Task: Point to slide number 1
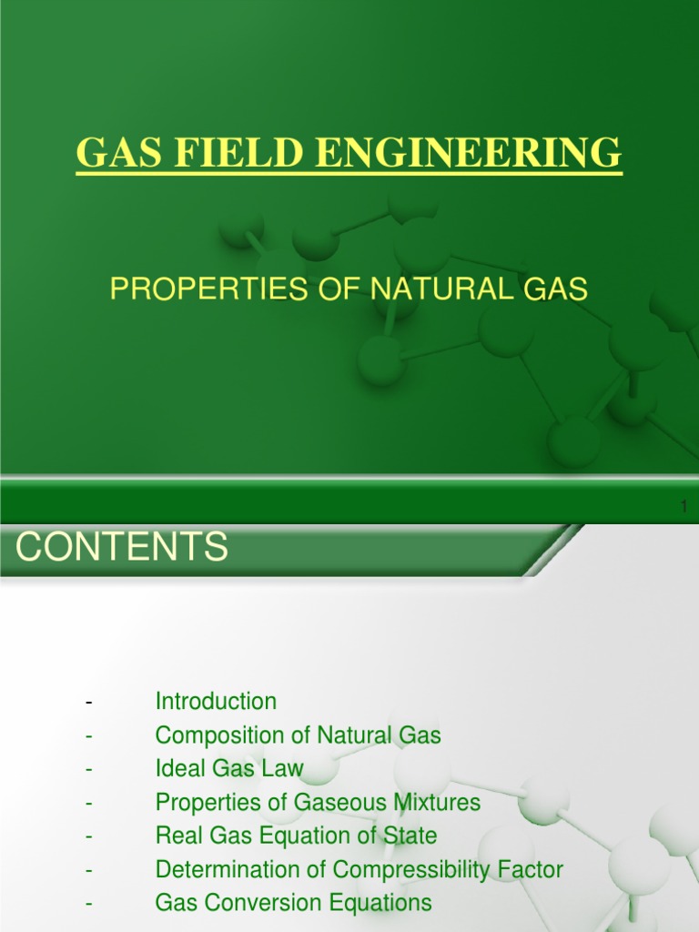[x=684, y=507]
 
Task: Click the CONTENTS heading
[x=123, y=548]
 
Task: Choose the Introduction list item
[x=216, y=702]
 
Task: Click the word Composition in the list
[x=213, y=735]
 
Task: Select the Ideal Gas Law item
[x=229, y=769]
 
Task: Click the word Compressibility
[x=408, y=869]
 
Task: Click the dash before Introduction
[x=89, y=702]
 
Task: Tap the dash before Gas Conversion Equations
[x=89, y=903]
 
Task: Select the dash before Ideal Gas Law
[x=89, y=769]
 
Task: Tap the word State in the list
[x=413, y=836]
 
